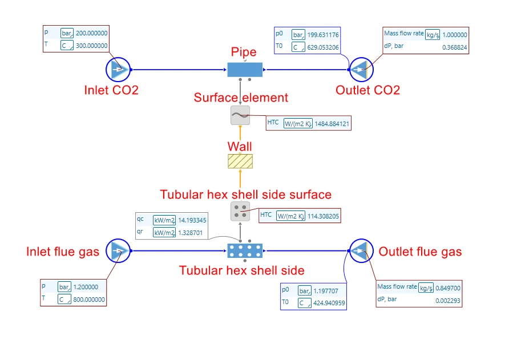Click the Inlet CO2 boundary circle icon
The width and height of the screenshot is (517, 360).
(x=118, y=70)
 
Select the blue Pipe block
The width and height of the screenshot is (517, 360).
(x=244, y=70)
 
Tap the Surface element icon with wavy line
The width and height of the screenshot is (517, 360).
(x=240, y=115)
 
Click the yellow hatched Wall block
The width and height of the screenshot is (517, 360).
(x=240, y=161)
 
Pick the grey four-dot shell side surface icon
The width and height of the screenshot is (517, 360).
(x=240, y=211)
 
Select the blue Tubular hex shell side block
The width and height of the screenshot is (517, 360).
(x=245, y=250)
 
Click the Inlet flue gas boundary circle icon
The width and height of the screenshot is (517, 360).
(x=118, y=250)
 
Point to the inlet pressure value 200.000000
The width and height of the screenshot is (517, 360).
(x=91, y=33)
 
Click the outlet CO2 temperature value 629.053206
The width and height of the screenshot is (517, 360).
(x=323, y=47)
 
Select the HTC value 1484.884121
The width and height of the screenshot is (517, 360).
(x=332, y=123)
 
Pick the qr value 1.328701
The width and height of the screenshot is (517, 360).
(x=192, y=232)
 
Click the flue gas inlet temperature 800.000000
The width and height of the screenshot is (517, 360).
(x=90, y=300)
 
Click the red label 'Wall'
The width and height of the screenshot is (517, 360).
(x=240, y=147)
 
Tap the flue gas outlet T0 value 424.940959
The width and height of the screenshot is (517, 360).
(x=322, y=304)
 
